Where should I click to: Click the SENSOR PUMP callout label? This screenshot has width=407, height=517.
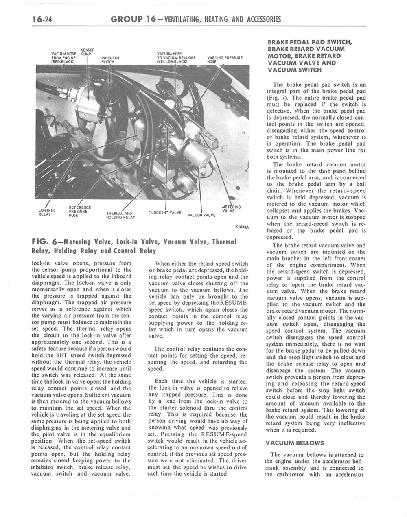coord(88,52)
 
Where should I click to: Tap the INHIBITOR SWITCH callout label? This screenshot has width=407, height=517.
coord(110,60)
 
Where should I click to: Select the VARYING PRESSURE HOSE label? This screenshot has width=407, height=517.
coord(225,60)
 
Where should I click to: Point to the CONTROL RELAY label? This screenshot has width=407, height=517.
coord(44,212)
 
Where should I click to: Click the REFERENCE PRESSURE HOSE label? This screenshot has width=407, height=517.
coord(80,212)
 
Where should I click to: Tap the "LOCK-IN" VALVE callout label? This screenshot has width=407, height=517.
coord(165,212)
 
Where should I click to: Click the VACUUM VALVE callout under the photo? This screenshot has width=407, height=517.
coord(201,215)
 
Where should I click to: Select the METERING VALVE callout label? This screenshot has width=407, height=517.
coord(231,209)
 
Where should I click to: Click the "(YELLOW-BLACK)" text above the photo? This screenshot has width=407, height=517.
coord(172,62)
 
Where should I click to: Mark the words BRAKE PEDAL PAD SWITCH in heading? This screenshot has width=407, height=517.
coord(310,42)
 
